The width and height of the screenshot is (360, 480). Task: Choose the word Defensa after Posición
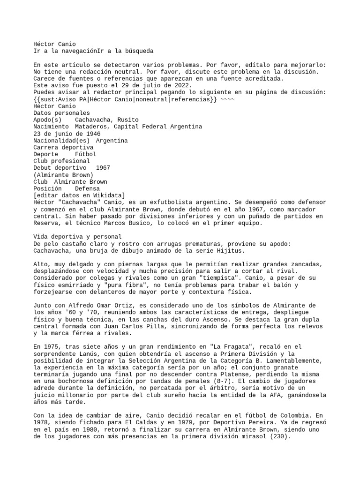point(87,188)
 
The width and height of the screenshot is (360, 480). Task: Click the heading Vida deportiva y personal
point(78,236)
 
